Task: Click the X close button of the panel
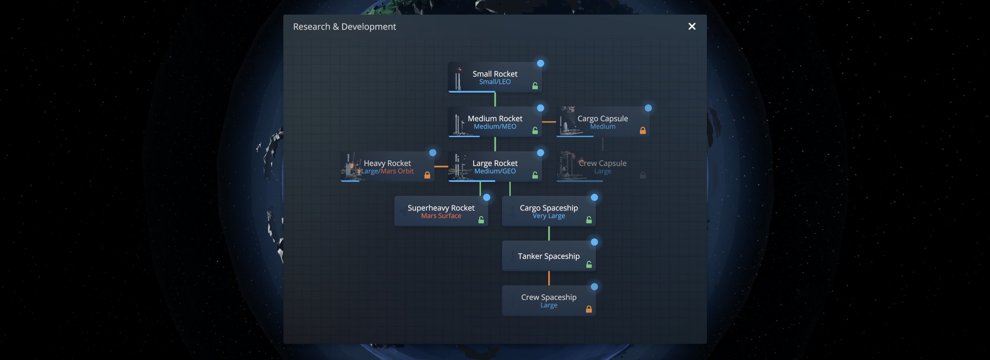692,27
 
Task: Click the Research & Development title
344,27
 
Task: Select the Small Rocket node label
495,74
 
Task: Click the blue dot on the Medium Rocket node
540,108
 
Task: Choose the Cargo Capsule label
603,118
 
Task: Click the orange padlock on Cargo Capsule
643,131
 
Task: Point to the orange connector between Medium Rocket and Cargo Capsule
549,122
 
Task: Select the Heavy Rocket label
387,163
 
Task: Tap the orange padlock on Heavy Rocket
427,175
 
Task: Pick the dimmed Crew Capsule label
603,163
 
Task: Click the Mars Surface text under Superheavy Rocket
441,216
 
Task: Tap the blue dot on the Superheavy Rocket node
487,197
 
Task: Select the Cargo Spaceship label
549,208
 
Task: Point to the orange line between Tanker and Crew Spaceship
549,278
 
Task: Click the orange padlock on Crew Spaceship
589,309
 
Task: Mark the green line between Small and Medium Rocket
495,99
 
